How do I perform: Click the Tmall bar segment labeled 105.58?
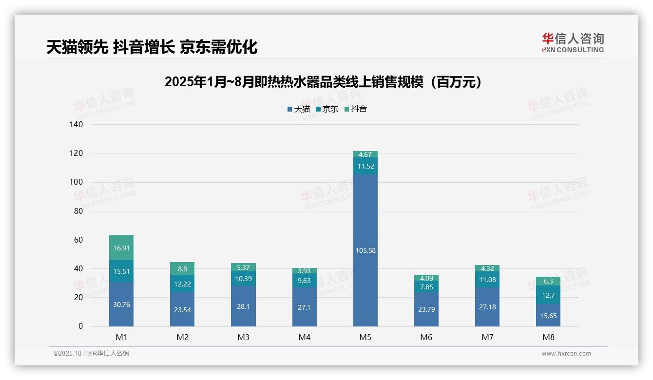click(365, 250)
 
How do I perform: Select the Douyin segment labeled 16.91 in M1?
click(121, 247)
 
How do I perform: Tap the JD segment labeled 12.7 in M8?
click(548, 295)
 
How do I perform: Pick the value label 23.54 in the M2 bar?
click(182, 309)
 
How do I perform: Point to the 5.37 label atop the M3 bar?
click(243, 267)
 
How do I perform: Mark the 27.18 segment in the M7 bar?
click(487, 307)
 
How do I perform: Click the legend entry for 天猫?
click(299, 109)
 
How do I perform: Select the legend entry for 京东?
click(327, 109)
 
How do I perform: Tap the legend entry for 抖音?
click(356, 109)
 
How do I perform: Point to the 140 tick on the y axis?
click(77, 125)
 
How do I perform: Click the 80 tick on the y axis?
click(78, 211)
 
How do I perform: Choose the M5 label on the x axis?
click(365, 337)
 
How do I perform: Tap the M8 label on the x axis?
click(548, 337)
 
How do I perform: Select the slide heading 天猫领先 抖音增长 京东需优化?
click(152, 47)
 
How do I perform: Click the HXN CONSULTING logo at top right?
click(573, 43)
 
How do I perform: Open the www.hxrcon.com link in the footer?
click(566, 354)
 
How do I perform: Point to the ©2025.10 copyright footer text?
click(91, 354)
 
